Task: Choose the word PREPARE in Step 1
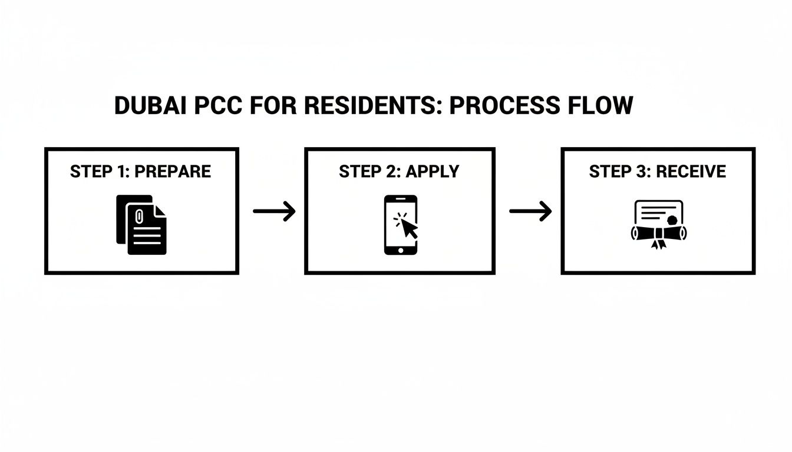[173, 171]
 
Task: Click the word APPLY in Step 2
[433, 171]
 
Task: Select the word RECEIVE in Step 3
[691, 171]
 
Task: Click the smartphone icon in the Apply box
[401, 225]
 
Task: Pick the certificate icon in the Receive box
[659, 224]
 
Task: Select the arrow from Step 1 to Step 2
[274, 211]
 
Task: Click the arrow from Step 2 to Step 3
[530, 211]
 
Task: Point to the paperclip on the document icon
[139, 214]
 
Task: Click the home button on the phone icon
[401, 250]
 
